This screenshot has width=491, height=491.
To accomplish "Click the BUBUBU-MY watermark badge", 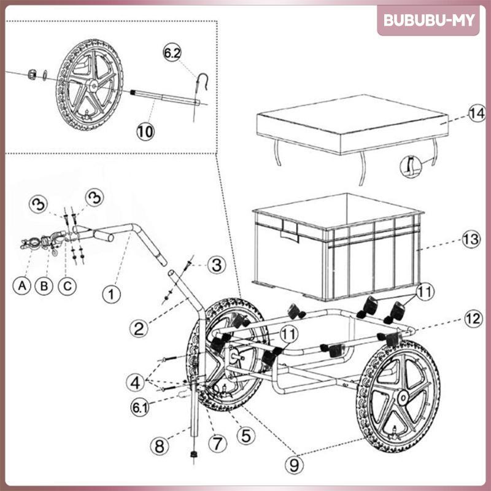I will (429, 20).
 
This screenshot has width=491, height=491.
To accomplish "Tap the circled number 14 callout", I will (476, 114).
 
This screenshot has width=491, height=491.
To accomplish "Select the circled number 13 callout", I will (470, 240).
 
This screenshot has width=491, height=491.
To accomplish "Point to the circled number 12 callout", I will (471, 319).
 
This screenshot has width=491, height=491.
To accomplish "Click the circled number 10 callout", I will (145, 131).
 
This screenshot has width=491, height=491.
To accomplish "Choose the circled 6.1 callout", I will (140, 406).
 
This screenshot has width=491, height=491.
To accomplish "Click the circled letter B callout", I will (44, 285).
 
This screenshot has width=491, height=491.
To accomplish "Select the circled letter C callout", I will (67, 285).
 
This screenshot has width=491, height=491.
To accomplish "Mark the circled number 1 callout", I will (110, 294).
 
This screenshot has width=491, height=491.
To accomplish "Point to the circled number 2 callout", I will (141, 328).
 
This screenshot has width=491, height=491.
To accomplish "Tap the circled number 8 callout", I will (159, 446).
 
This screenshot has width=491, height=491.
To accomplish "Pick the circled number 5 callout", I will (246, 435).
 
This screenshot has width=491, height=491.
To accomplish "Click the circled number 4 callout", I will (137, 382).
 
